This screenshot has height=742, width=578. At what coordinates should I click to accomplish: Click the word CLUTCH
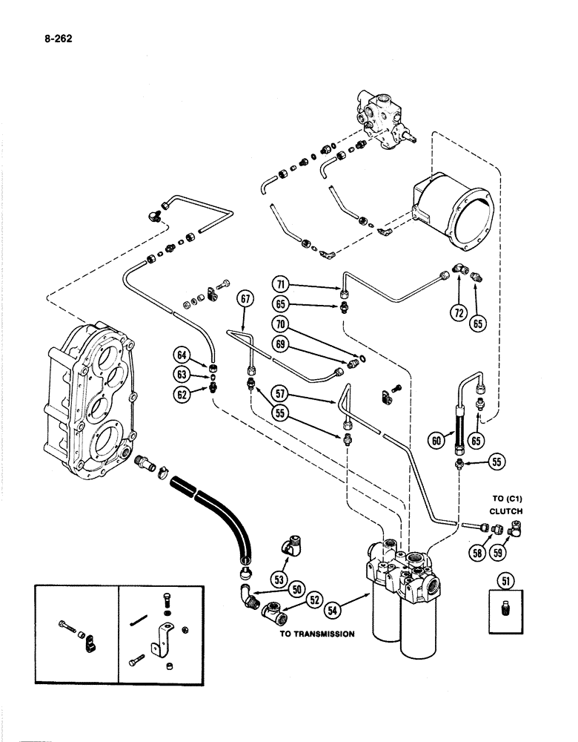(x=506, y=512)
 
